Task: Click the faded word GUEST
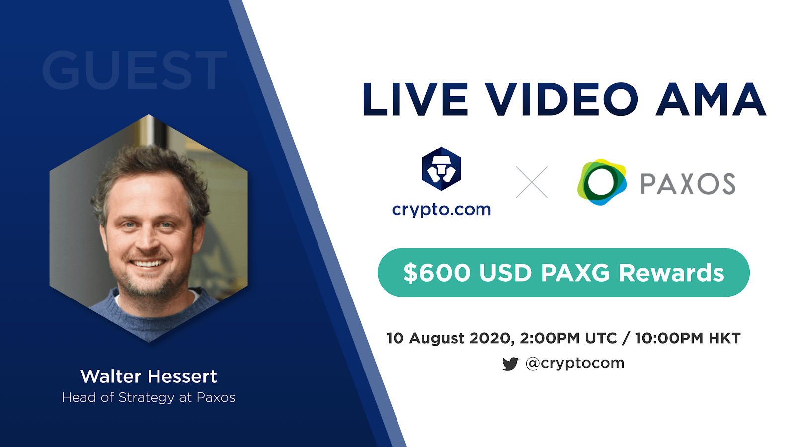pyautogui.click(x=134, y=70)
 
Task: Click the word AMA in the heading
pyautogui.click(x=711, y=99)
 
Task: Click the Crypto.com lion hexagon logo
pyautogui.click(x=441, y=168)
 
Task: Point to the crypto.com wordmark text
pyautogui.click(x=442, y=209)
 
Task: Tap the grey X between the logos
pyautogui.click(x=532, y=182)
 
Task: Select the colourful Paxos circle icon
pyautogui.click(x=602, y=182)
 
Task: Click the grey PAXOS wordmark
pyautogui.click(x=688, y=184)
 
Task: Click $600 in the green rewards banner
pyautogui.click(x=437, y=273)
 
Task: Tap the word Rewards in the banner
pyautogui.click(x=671, y=273)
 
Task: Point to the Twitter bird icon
pyautogui.click(x=510, y=364)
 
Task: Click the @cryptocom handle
pyautogui.click(x=574, y=363)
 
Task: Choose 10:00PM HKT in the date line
pyautogui.click(x=688, y=338)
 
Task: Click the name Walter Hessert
pyautogui.click(x=149, y=376)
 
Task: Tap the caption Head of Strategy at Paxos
pyautogui.click(x=149, y=398)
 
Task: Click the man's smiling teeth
pyautogui.click(x=148, y=263)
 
